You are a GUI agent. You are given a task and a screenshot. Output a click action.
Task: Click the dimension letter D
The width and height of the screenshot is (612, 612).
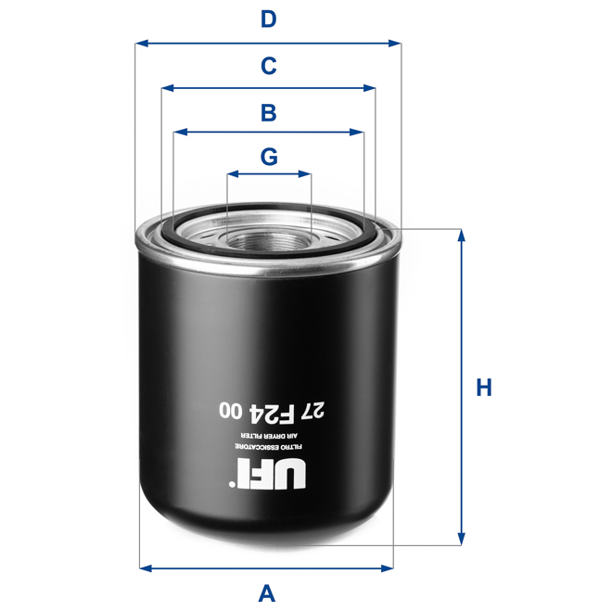(268, 19)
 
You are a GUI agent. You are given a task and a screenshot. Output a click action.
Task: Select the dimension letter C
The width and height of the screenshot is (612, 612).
(268, 66)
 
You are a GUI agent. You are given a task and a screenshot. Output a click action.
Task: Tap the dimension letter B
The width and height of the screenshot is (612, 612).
(268, 113)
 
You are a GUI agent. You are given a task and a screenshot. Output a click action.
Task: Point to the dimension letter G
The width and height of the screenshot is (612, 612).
(269, 157)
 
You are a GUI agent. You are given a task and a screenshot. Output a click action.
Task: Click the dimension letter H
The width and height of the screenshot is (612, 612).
(483, 387)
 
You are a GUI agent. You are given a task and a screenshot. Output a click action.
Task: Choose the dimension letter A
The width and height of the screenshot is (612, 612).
(267, 592)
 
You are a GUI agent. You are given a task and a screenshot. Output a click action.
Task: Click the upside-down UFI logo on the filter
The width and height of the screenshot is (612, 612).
(268, 477)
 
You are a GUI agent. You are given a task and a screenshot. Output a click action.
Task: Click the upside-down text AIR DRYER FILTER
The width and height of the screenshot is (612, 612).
(268, 434)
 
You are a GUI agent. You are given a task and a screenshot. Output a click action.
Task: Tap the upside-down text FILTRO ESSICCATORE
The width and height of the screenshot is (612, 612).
(268, 448)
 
